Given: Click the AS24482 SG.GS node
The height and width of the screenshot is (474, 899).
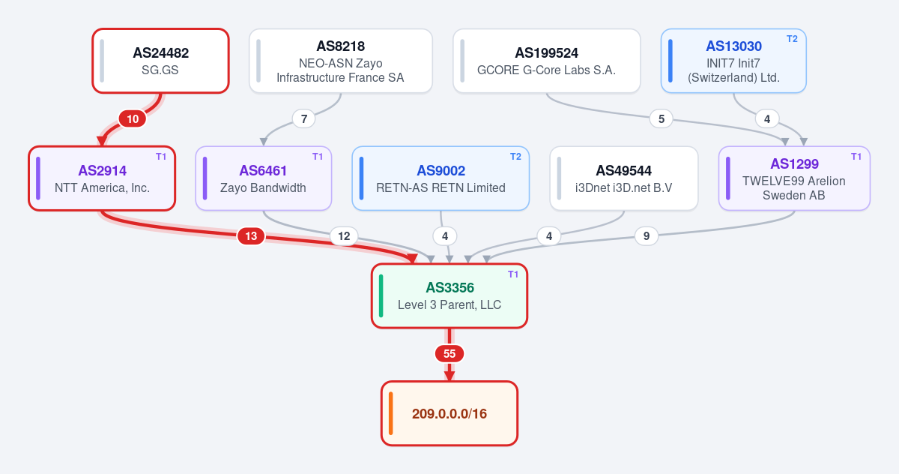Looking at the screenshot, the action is (160, 61).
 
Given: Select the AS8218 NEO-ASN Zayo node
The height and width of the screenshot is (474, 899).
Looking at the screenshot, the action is (340, 61).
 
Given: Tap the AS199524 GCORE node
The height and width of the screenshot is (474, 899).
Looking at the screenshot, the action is (546, 61).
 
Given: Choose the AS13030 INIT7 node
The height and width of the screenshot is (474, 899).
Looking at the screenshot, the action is (733, 61).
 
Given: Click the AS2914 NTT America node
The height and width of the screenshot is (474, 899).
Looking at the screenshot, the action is (102, 178).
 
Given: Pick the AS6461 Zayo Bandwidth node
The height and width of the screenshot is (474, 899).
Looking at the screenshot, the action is (263, 178).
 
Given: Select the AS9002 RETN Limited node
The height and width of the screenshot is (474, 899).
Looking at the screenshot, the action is (441, 178).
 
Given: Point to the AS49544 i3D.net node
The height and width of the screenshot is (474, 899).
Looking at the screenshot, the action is (623, 178).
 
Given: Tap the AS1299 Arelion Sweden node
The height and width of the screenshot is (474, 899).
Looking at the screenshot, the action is (794, 178).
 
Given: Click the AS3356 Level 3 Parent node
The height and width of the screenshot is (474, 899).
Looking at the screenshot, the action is (449, 295).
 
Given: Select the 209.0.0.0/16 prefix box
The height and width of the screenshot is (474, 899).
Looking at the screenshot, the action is (449, 413).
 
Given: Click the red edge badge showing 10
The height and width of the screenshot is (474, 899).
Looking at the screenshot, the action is (133, 119).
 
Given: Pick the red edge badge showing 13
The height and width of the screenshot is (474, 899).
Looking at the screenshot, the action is (251, 236).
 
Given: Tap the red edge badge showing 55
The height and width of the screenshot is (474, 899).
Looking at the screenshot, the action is (449, 354).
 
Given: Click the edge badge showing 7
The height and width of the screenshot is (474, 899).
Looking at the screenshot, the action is (304, 119).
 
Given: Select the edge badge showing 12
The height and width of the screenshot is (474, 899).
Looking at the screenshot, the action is (344, 236).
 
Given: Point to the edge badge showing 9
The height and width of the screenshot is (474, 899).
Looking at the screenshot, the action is (646, 236).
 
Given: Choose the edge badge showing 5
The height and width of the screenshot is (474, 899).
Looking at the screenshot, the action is (662, 119).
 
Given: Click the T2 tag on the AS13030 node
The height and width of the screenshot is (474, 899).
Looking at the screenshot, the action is (792, 39).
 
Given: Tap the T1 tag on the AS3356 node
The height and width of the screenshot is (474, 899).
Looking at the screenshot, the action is (513, 274).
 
